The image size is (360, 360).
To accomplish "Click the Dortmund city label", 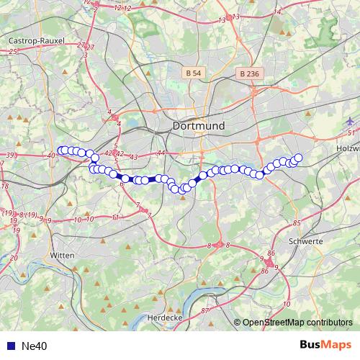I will point(199,125).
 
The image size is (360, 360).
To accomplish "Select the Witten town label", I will point(63,254).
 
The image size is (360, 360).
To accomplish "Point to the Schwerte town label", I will point(305,241).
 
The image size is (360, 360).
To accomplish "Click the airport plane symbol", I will point(350,120).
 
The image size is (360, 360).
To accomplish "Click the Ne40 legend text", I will point(35,346).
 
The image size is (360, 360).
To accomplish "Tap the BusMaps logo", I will point(325,345).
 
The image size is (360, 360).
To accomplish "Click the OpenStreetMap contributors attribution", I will point(297,323).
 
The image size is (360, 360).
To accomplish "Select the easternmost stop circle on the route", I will point(298,158).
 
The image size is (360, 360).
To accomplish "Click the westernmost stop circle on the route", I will point(60,150).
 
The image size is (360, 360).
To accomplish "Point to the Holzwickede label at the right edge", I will point(348,148).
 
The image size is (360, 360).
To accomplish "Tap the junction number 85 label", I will point(296,223).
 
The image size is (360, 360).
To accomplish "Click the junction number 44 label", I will point(161,153).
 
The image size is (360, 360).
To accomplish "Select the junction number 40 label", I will point(51,156).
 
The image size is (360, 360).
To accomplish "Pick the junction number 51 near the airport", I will point(351,133).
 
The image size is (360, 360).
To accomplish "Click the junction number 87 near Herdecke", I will point(204,310).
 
